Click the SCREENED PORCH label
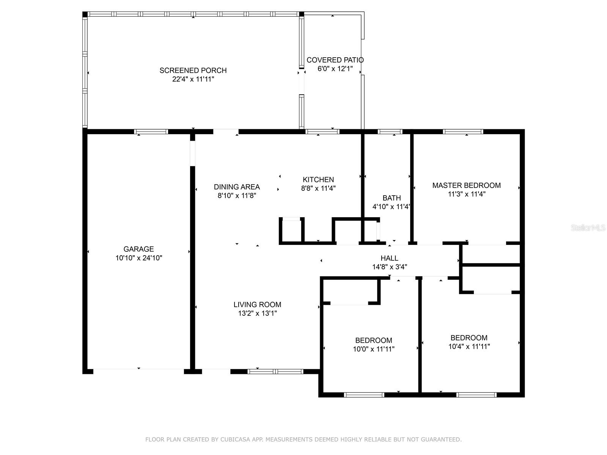pyautogui.click(x=193, y=71)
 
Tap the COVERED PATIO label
pyautogui.click(x=335, y=60)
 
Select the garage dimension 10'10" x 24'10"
pyautogui.click(x=138, y=258)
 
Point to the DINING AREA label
pyautogui.click(x=237, y=187)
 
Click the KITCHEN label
pyautogui.click(x=318, y=180)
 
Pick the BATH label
pyautogui.click(x=392, y=198)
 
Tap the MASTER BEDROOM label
pyautogui.click(x=467, y=185)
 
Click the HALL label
pyautogui.click(x=389, y=258)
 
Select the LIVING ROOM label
pyautogui.click(x=257, y=305)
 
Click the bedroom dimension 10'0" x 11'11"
pyautogui.click(x=374, y=349)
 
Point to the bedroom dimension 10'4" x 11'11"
pyautogui.click(x=469, y=347)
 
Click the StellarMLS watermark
pyautogui.click(x=588, y=228)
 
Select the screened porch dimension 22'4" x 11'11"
pyautogui.click(x=193, y=79)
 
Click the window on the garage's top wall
pyautogui.click(x=151, y=132)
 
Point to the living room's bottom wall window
pyautogui.click(x=275, y=372)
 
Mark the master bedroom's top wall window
pyautogui.click(x=463, y=132)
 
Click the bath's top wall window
pyautogui.click(x=390, y=132)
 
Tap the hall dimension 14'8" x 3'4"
pyautogui.click(x=389, y=267)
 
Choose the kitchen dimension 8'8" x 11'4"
pyautogui.click(x=318, y=188)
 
